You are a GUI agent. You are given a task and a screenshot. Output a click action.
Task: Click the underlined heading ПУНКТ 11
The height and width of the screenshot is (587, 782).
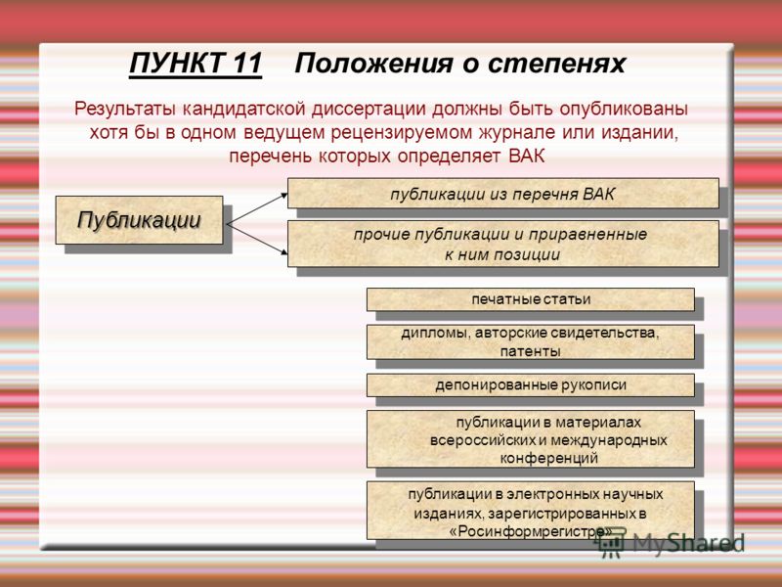[195, 65]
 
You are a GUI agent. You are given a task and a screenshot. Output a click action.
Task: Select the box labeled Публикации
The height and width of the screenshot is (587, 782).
[139, 220]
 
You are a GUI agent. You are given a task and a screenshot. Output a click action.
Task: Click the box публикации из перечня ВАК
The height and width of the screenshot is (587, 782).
[502, 193]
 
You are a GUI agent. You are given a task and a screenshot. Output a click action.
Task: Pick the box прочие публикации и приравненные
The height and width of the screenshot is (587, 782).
[502, 244]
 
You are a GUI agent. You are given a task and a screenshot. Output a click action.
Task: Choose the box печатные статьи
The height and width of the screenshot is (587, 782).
[531, 299]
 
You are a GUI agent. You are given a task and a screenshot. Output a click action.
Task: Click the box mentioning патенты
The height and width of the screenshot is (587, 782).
[531, 341]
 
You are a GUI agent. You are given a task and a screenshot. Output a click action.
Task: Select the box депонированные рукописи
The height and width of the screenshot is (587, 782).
[531, 385]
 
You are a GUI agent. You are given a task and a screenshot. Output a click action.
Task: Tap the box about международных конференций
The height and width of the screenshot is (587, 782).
[531, 439]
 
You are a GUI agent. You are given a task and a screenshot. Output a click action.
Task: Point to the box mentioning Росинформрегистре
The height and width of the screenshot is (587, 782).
[531, 510]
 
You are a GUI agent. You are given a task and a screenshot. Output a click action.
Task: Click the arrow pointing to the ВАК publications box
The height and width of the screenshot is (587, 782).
[257, 209]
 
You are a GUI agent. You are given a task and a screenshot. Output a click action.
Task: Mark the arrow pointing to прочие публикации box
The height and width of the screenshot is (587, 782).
[257, 240]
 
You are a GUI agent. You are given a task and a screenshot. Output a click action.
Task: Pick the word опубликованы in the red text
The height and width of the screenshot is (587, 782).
[624, 110]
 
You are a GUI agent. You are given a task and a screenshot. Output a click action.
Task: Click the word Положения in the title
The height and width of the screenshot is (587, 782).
[374, 65]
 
